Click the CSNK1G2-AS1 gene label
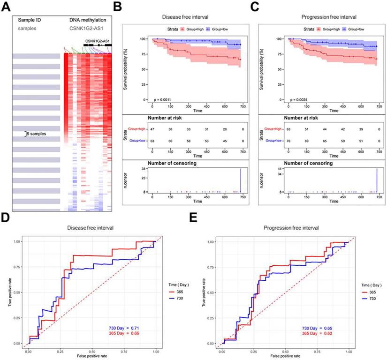pyautogui.click(x=98, y=41)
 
